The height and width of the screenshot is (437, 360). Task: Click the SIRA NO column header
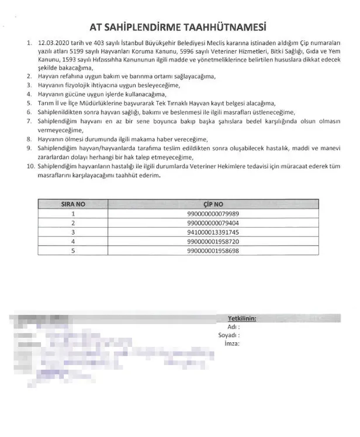pyautogui.click(x=73, y=205)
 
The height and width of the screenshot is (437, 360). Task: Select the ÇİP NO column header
pyautogui.click(x=213, y=205)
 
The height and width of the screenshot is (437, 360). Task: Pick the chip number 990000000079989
pyautogui.click(x=213, y=214)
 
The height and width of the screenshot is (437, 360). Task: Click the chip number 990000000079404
pyautogui.click(x=213, y=223)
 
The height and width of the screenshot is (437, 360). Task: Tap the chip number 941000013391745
pyautogui.click(x=213, y=232)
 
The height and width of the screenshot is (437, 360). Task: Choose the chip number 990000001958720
pyautogui.click(x=213, y=241)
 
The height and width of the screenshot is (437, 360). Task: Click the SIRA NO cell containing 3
pyautogui.click(x=73, y=232)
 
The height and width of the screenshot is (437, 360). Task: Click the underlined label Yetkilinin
pyautogui.click(x=241, y=318)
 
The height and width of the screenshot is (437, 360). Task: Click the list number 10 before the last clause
pyautogui.click(x=30, y=167)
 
